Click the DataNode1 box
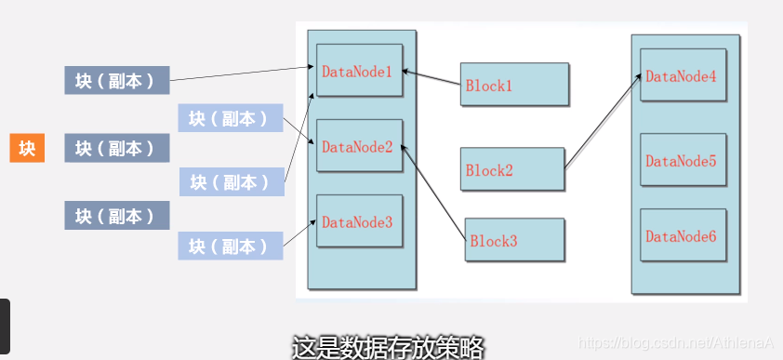360,71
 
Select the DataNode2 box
360,146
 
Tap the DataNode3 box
360,221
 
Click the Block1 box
514,85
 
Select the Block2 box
512,169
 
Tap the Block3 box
515,240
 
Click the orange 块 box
27,148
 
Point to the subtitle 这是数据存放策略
388,348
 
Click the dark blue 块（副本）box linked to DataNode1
116,80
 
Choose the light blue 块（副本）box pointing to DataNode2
230,118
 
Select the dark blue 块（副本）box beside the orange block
116,148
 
